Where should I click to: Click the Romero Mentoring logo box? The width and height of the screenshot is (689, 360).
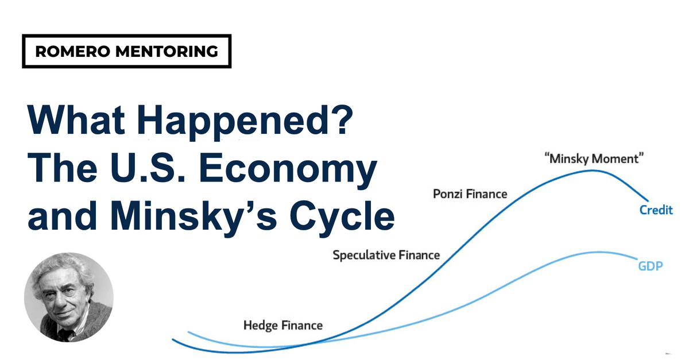tap(127, 51)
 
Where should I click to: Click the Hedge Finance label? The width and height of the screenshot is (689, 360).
tap(283, 326)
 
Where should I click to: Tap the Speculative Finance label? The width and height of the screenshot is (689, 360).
tap(386, 255)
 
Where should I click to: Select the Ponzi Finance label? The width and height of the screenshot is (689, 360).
tap(470, 194)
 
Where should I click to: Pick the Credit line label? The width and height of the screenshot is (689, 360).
tap(656, 210)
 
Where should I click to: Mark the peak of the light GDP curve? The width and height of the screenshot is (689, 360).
tap(600, 252)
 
